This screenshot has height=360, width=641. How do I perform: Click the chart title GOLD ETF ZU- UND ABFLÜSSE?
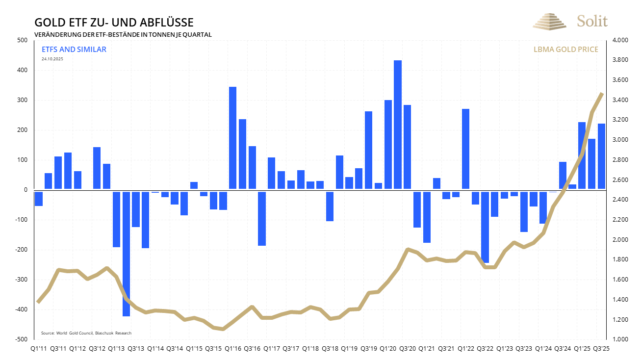[113, 23]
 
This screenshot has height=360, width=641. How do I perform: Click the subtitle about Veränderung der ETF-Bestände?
[123, 35]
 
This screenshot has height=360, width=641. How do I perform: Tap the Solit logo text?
[592, 21]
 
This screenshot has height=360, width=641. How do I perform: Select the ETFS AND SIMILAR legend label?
[74, 50]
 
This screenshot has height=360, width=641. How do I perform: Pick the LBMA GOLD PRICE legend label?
[565, 50]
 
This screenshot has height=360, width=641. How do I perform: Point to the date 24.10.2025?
[52, 59]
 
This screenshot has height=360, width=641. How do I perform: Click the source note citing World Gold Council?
[86, 333]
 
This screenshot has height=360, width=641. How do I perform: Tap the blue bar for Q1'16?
[233, 138]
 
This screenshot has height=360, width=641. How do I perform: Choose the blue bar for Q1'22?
[465, 149]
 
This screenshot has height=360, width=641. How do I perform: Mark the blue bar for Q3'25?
[601, 156]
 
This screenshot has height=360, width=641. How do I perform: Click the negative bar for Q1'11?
[39, 199]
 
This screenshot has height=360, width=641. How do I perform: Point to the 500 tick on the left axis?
[22, 40]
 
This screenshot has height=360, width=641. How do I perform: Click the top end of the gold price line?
[602, 93]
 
